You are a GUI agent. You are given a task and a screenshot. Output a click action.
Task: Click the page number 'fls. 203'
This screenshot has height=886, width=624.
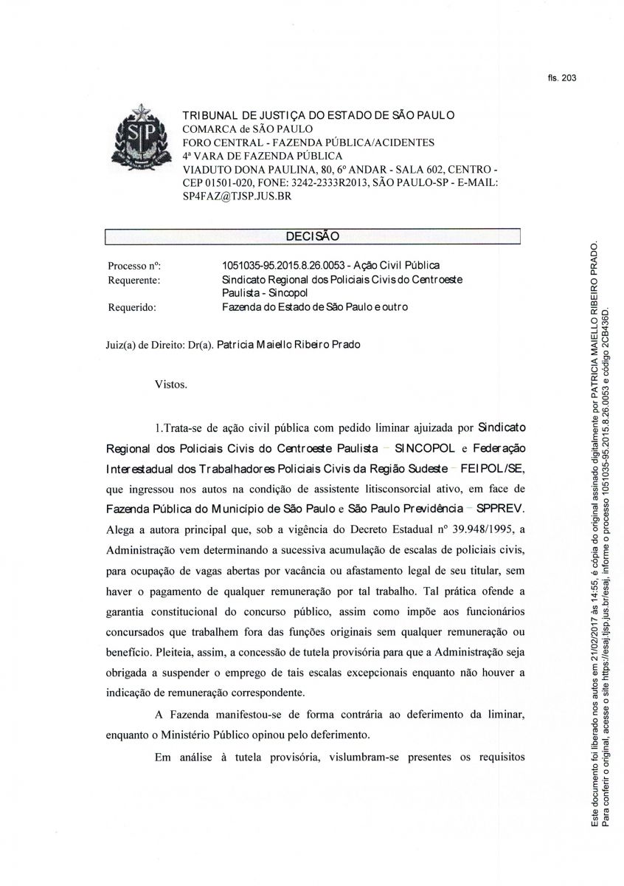(562, 78)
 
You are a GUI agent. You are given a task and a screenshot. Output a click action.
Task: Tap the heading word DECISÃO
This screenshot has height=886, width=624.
(313, 236)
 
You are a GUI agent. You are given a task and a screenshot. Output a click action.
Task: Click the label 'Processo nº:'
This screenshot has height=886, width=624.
(134, 266)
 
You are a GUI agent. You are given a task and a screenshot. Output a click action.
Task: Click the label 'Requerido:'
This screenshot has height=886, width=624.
(132, 308)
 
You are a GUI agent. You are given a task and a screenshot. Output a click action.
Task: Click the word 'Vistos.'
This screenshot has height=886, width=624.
(171, 385)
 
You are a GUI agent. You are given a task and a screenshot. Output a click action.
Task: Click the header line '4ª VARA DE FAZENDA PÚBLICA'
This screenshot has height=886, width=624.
(263, 156)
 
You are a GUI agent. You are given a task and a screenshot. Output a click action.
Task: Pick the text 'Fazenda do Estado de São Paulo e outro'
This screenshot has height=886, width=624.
(315, 307)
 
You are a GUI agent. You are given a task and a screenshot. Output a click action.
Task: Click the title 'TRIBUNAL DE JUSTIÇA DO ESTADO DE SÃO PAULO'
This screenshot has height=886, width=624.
(319, 115)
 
